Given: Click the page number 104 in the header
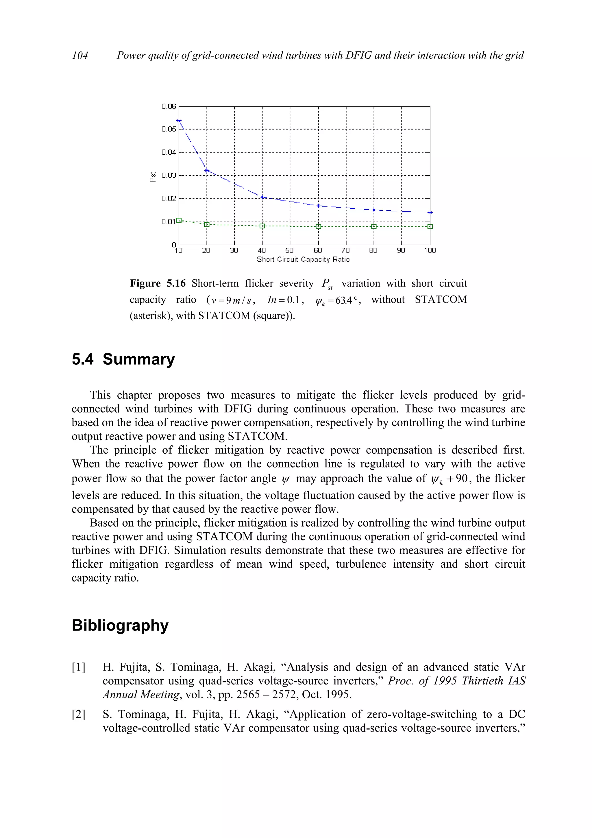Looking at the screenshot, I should click(80, 55).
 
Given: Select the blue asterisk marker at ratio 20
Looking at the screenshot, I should click(207, 170).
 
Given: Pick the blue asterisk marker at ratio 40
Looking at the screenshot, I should click(262, 197).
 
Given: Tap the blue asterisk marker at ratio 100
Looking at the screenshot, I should click(430, 213).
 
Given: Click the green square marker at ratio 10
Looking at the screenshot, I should click(179, 220).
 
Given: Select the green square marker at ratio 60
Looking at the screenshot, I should click(319, 226).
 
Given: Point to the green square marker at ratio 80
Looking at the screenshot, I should click(374, 226).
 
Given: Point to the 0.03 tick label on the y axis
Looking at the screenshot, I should click(169, 175).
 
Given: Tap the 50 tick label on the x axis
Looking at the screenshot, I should click(289, 250).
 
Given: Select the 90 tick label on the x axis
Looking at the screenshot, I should click(401, 250).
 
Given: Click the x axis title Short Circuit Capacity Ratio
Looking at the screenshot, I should click(303, 259).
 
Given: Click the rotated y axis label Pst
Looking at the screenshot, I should click(153, 177).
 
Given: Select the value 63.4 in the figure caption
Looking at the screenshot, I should click(344, 300).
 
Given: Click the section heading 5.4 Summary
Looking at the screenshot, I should click(123, 359).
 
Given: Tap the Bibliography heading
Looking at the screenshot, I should click(120, 625).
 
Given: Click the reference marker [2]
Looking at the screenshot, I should click(78, 714).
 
